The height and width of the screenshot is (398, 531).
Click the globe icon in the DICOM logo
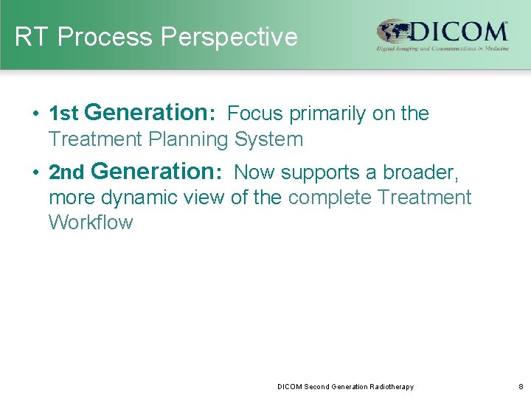point(393,32)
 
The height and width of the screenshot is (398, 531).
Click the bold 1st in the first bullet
point(63,114)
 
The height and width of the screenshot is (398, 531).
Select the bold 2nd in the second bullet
point(66,173)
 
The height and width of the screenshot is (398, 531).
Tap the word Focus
point(257,114)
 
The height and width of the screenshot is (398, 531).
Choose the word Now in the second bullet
point(254,172)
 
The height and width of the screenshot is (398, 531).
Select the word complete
point(331,198)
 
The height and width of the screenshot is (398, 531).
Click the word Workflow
point(90,223)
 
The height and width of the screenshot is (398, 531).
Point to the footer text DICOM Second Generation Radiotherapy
point(345,387)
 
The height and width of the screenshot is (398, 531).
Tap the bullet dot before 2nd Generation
point(36,173)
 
